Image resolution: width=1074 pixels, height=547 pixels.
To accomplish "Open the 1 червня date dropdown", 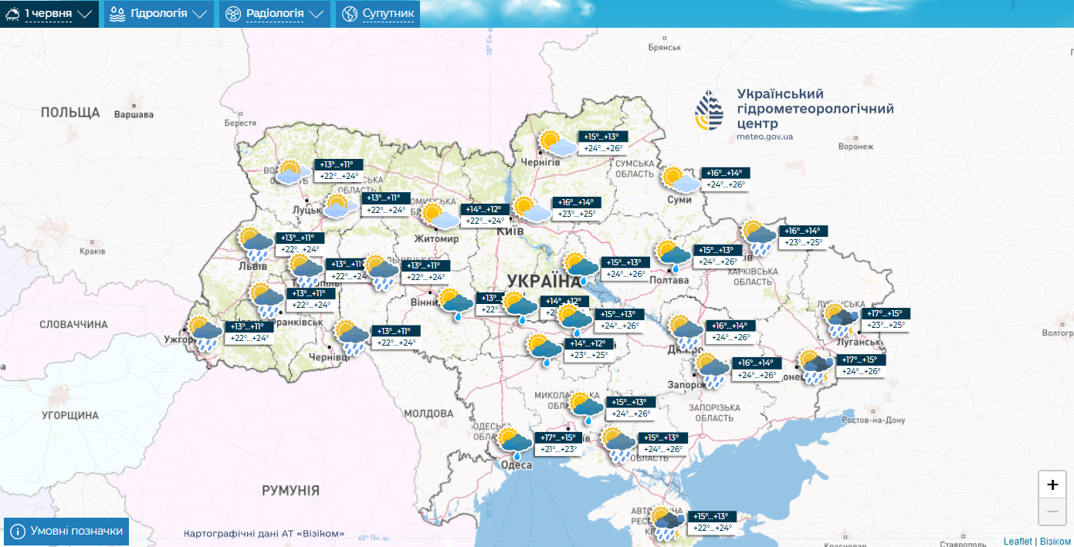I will click(x=49, y=14).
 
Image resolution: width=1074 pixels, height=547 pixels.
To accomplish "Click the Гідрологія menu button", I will click(x=158, y=14).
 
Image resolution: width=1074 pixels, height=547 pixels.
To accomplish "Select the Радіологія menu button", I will click(x=274, y=14).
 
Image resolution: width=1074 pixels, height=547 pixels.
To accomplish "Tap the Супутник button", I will click(x=378, y=14).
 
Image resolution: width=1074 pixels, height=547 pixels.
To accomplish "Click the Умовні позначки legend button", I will click(x=66, y=532).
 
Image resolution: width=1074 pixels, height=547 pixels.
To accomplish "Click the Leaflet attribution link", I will click(x=1018, y=542).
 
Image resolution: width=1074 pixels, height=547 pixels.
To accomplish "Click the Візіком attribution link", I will click(x=1055, y=542).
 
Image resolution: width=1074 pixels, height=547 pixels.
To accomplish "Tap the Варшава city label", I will click(x=134, y=115).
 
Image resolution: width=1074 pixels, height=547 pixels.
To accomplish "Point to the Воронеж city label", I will click(x=855, y=147).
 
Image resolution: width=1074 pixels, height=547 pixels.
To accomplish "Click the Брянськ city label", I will click(x=664, y=47).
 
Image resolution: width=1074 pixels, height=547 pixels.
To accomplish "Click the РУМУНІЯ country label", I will click(x=290, y=490).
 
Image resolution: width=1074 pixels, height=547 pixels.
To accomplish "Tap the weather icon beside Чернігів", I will click(x=556, y=144).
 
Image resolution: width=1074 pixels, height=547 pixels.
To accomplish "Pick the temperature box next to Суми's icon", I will click(x=725, y=179).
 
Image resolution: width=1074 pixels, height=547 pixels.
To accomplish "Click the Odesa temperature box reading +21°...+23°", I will click(x=558, y=444).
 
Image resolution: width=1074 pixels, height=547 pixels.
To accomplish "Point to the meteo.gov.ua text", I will click(x=764, y=137).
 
